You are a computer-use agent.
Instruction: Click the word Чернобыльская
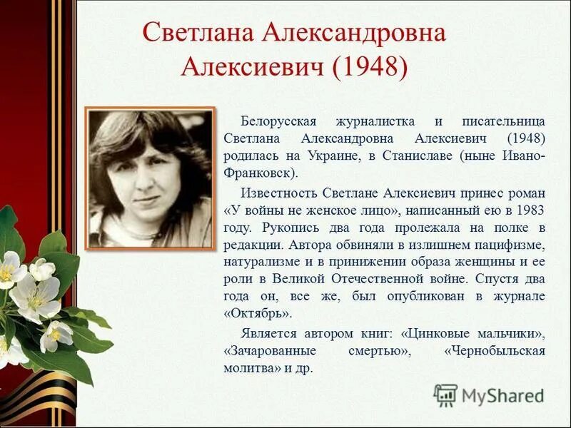(x=495, y=351)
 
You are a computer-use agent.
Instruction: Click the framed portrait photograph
(x=150, y=178)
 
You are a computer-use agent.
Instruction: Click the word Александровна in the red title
(x=355, y=32)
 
